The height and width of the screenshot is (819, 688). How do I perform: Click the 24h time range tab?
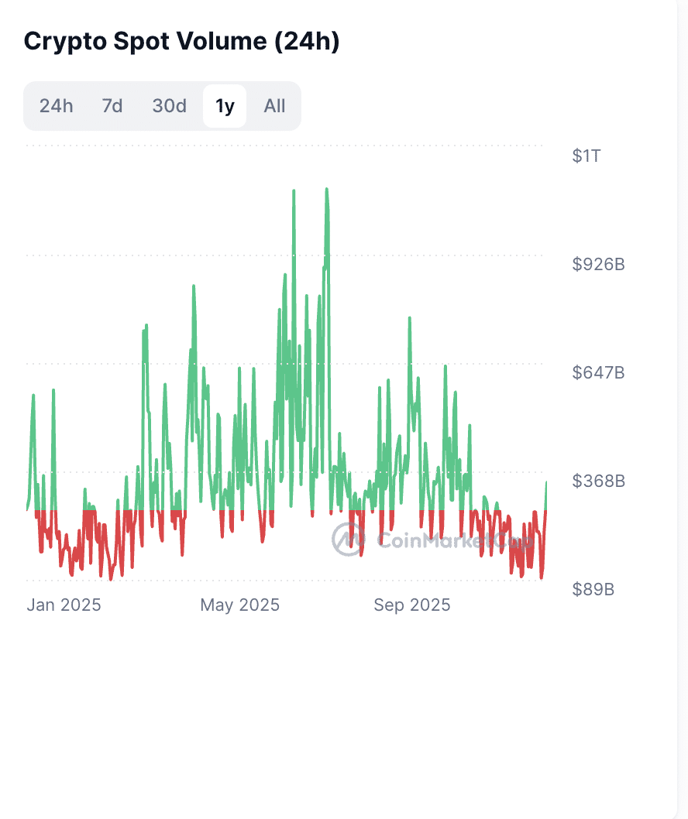click(x=56, y=106)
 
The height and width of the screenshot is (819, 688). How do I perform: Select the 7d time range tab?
click(x=112, y=106)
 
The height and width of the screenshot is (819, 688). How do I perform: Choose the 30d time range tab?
click(x=169, y=106)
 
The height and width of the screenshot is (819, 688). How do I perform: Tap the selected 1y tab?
click(x=225, y=106)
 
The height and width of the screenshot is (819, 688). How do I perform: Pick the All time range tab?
click(x=274, y=106)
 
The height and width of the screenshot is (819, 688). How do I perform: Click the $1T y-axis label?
click(x=587, y=156)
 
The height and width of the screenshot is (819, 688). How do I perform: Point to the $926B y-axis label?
click(x=598, y=265)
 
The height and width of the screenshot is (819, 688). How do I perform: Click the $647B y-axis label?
click(x=598, y=373)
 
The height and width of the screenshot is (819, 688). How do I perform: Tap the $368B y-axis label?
click(x=598, y=481)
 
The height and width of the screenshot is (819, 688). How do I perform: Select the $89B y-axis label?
click(x=593, y=590)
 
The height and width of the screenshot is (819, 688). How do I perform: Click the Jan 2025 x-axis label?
click(x=64, y=605)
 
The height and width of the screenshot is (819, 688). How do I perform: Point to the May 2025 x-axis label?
click(x=239, y=605)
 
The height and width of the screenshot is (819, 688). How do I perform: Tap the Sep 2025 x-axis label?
click(x=411, y=605)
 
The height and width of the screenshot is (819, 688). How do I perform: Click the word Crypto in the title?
click(x=63, y=42)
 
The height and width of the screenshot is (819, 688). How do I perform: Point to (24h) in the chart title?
click(x=308, y=42)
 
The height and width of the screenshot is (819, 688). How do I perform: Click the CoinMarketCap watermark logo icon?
click(x=348, y=539)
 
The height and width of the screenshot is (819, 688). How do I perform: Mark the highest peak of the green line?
click(x=327, y=189)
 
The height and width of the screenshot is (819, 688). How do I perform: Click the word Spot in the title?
click(x=142, y=42)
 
